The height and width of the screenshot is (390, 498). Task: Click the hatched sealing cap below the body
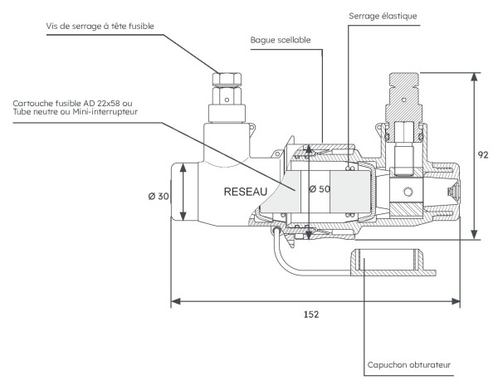(x=391, y=263)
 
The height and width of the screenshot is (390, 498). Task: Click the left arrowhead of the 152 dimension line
(x=174, y=300)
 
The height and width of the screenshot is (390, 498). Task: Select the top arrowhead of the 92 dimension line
(x=474, y=76)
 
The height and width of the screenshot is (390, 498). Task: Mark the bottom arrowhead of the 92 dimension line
(x=474, y=236)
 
